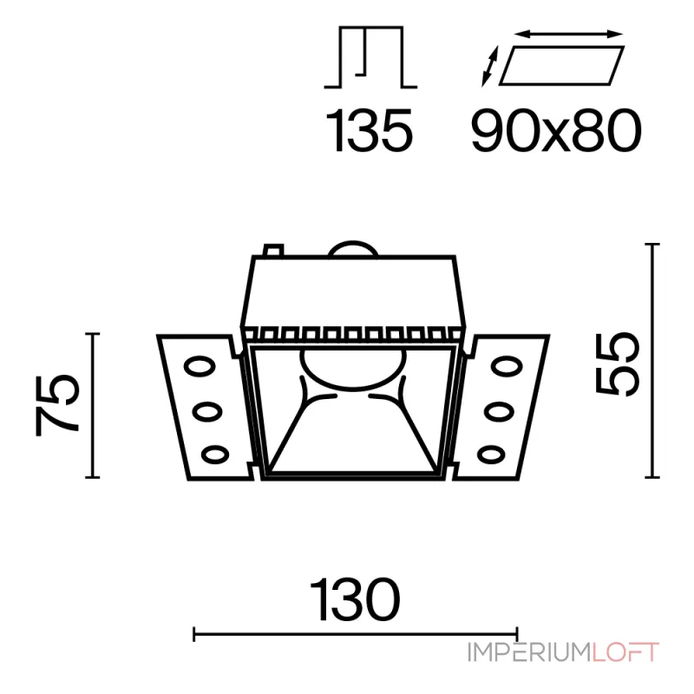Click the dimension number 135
point(370,130)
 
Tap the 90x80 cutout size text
point(556,131)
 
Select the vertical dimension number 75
point(57,405)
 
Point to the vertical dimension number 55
point(618,363)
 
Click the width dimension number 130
point(356,599)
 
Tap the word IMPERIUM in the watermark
point(530,653)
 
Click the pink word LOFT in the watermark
point(625,653)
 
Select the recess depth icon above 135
point(371,57)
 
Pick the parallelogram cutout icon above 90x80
point(562,65)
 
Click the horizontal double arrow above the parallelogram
point(569,34)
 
